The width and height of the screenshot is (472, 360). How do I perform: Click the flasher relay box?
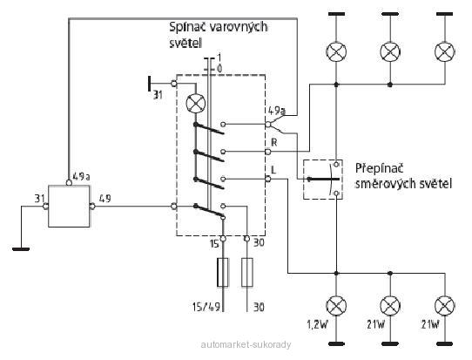pos(69,206)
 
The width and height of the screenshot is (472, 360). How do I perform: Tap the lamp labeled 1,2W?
pos(336,306)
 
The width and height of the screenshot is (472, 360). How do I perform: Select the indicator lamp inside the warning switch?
pos(196,104)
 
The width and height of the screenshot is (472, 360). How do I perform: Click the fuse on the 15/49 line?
pos(223,272)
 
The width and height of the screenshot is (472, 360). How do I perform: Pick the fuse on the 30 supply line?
pos(247,272)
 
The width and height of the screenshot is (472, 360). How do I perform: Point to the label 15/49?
pos(206,308)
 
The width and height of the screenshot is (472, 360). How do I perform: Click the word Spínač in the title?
pos(187,27)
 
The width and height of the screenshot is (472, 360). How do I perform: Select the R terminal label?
pos(274,142)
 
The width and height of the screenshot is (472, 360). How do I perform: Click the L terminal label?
pos(273,170)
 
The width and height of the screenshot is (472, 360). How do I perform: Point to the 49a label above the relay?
pos(81,176)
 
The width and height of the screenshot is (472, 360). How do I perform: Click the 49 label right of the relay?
pos(105,199)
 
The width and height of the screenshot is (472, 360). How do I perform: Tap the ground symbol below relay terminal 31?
pos(21,249)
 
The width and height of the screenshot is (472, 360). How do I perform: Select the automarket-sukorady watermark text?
pos(246,344)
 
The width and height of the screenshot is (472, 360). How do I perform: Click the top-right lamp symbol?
pos(445,51)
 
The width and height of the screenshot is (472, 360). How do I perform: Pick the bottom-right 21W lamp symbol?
pos(445,306)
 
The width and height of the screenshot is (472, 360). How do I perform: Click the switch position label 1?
pos(219,58)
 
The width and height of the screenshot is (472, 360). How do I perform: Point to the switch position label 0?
pos(219,69)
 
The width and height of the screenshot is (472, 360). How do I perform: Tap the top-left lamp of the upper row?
pos(336,51)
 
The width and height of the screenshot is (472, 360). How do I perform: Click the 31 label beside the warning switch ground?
pos(158,95)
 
